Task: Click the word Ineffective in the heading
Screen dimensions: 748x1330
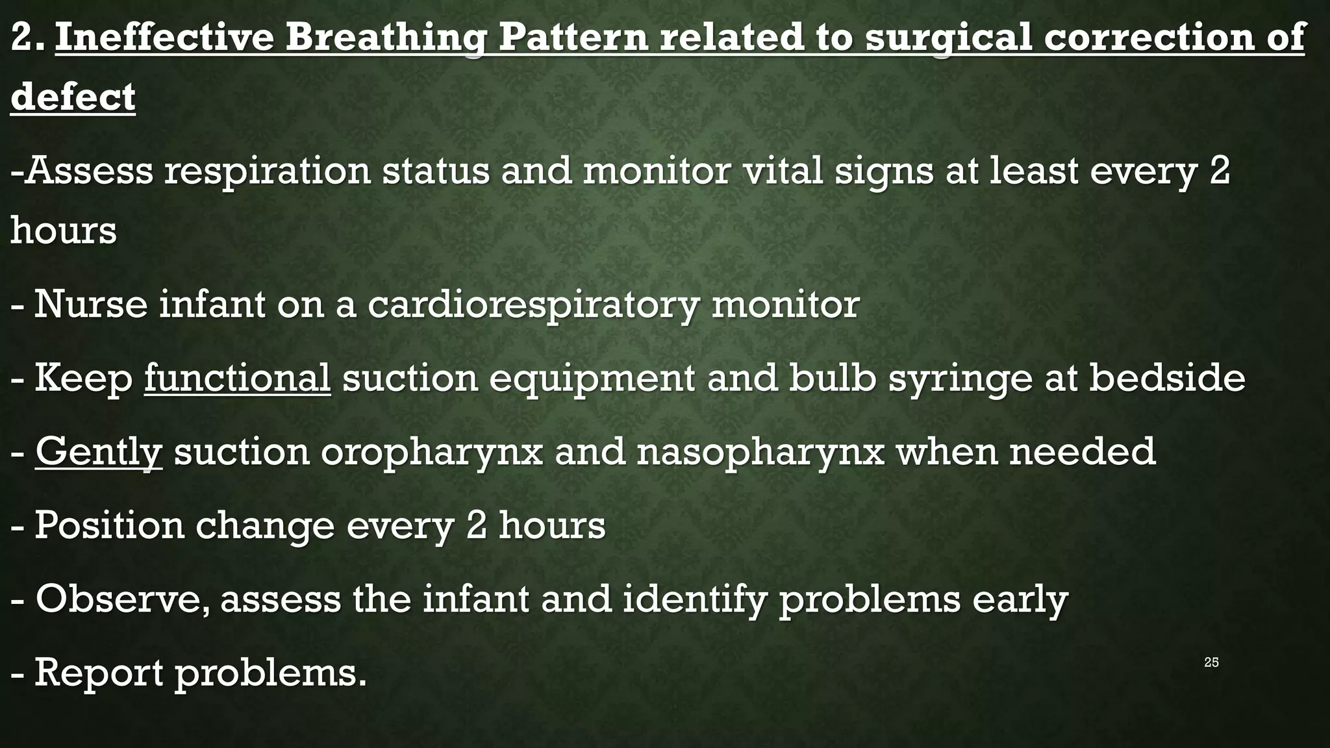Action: coord(164,37)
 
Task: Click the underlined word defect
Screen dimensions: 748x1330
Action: coord(73,97)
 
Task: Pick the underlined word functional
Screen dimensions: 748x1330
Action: coord(237,377)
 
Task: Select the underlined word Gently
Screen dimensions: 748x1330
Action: coord(98,452)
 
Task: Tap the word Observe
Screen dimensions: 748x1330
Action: coord(123,599)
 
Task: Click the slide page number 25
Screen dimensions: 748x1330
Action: coord(1211,662)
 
